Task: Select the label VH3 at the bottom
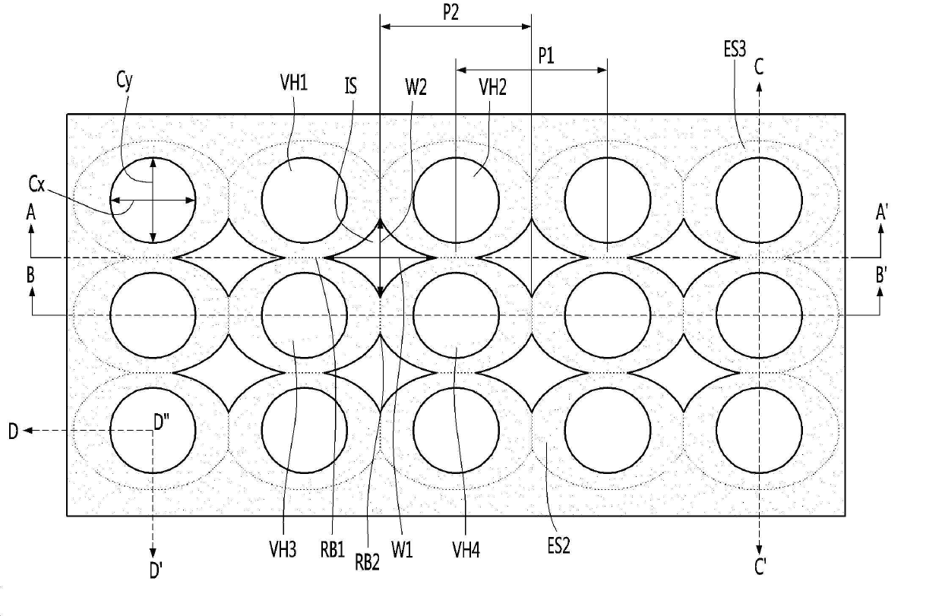pyautogui.click(x=282, y=548)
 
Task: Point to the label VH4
pyautogui.click(x=466, y=549)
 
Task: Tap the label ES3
pyautogui.click(x=735, y=51)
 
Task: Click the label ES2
pyautogui.click(x=558, y=546)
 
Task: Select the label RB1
pyautogui.click(x=333, y=548)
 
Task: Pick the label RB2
pyautogui.click(x=368, y=561)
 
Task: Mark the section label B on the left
pyautogui.click(x=30, y=275)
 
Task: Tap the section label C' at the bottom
pyautogui.click(x=760, y=567)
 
